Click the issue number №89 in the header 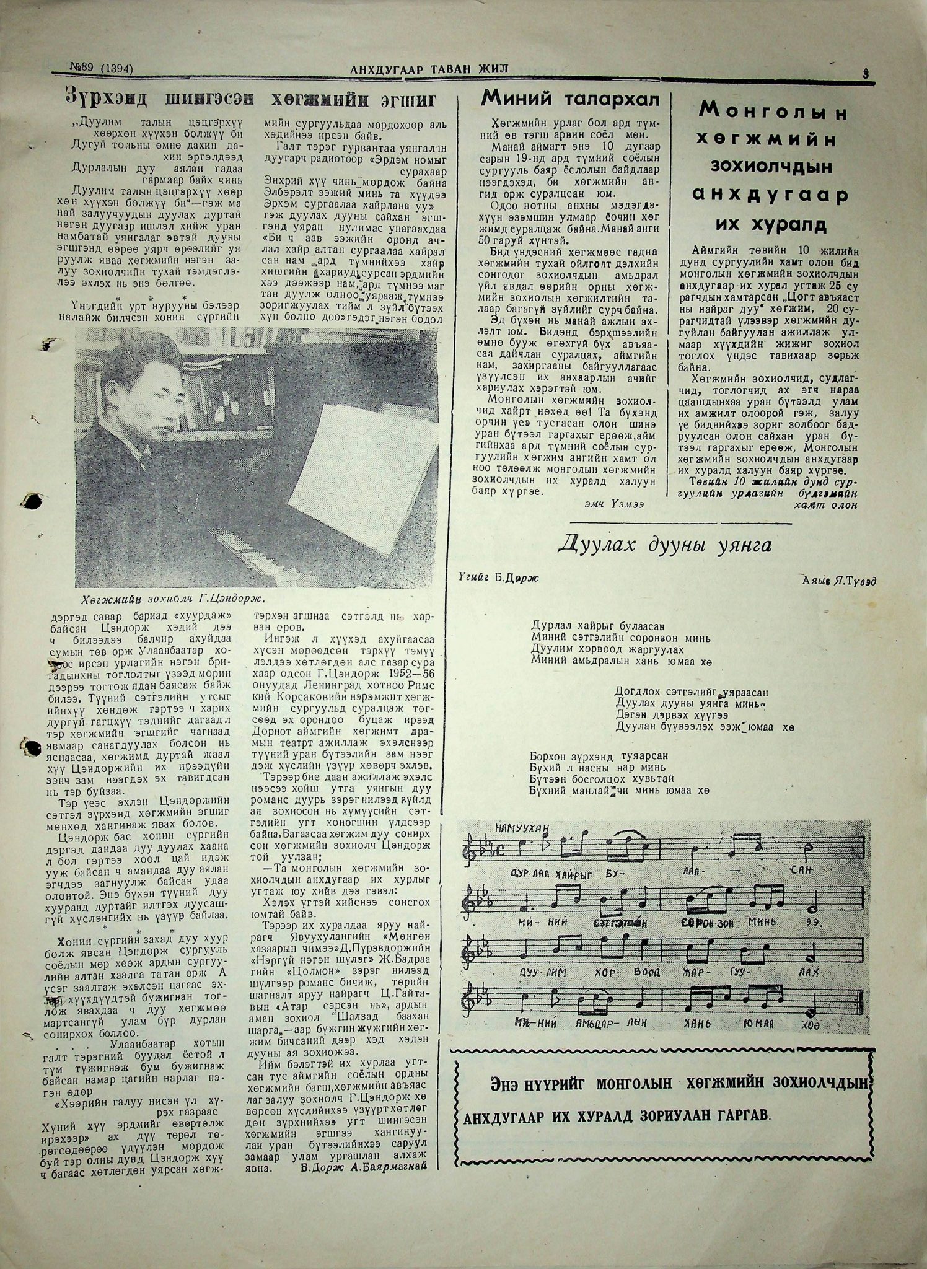[83, 69]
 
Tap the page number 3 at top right [866, 73]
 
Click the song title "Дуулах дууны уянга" [665, 545]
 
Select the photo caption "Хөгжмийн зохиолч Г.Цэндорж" [177, 599]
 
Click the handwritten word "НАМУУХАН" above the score [522, 829]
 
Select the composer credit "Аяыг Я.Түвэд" [840, 580]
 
